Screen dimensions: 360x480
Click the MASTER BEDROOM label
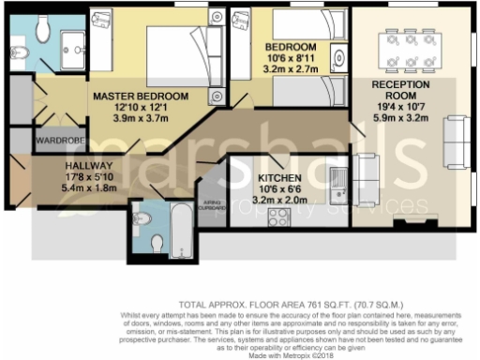click(141, 96)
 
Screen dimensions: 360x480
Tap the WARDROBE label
click(35, 142)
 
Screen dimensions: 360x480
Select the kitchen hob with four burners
click(277, 217)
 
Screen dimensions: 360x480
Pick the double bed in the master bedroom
click(177, 58)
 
